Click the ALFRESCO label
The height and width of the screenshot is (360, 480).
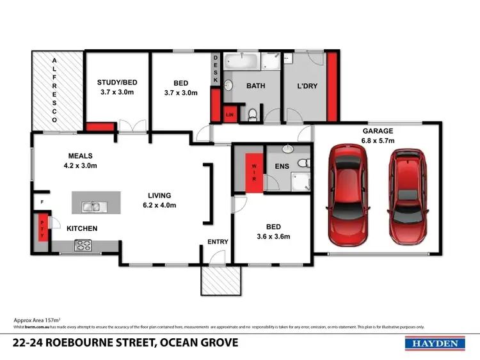55,90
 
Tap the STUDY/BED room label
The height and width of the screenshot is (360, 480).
118,87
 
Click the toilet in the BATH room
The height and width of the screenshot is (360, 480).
254,114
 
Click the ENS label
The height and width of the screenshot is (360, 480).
282,166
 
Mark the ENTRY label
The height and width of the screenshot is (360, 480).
218,241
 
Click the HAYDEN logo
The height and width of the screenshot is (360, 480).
435,343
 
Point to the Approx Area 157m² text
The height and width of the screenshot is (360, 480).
37,319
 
